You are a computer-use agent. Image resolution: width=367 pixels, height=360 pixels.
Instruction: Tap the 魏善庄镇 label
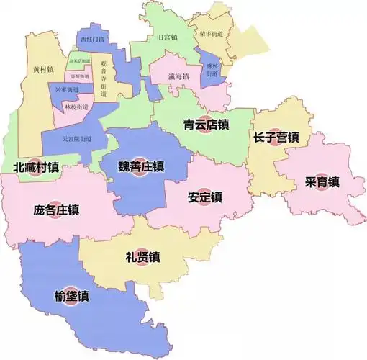(142, 167)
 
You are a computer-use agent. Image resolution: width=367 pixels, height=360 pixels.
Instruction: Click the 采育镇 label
(322, 182)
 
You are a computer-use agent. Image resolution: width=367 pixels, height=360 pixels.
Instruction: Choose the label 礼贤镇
(142, 256)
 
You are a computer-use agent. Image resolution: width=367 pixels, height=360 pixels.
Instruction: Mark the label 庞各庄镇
(56, 211)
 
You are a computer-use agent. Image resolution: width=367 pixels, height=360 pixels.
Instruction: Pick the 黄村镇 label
(43, 69)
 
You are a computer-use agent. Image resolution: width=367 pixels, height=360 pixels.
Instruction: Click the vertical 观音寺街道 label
(104, 76)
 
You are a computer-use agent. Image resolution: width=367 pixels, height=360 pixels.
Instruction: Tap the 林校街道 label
(76, 107)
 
